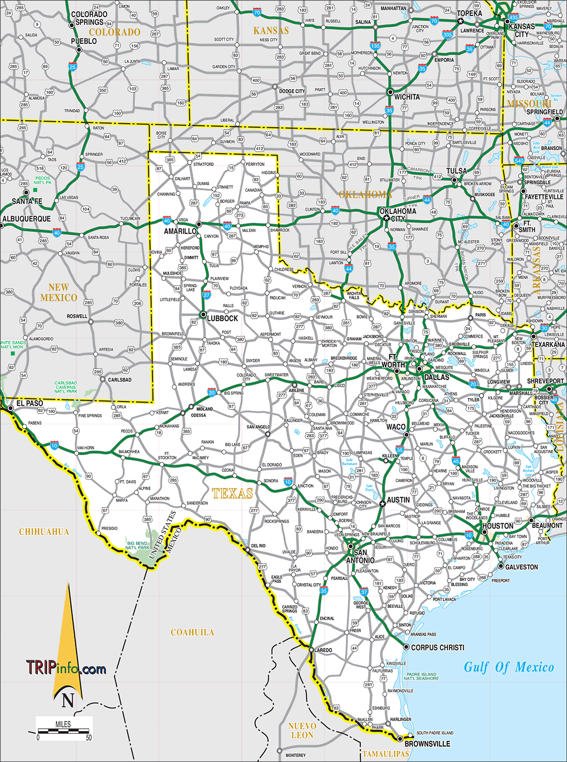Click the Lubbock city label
(222, 318)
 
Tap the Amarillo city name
(180, 231)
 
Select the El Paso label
(29, 403)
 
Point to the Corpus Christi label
(437, 648)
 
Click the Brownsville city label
(427, 744)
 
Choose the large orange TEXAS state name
(232, 493)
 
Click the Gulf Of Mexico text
(509, 667)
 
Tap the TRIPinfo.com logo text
(66, 668)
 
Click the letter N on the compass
(68, 700)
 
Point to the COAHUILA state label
(192, 632)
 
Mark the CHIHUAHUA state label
(44, 532)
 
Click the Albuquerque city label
(26, 219)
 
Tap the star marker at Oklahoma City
(386, 218)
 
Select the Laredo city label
(323, 650)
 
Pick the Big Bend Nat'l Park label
(138, 545)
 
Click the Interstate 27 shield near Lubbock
(207, 295)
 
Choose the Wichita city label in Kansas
(407, 97)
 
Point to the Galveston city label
(521, 567)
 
